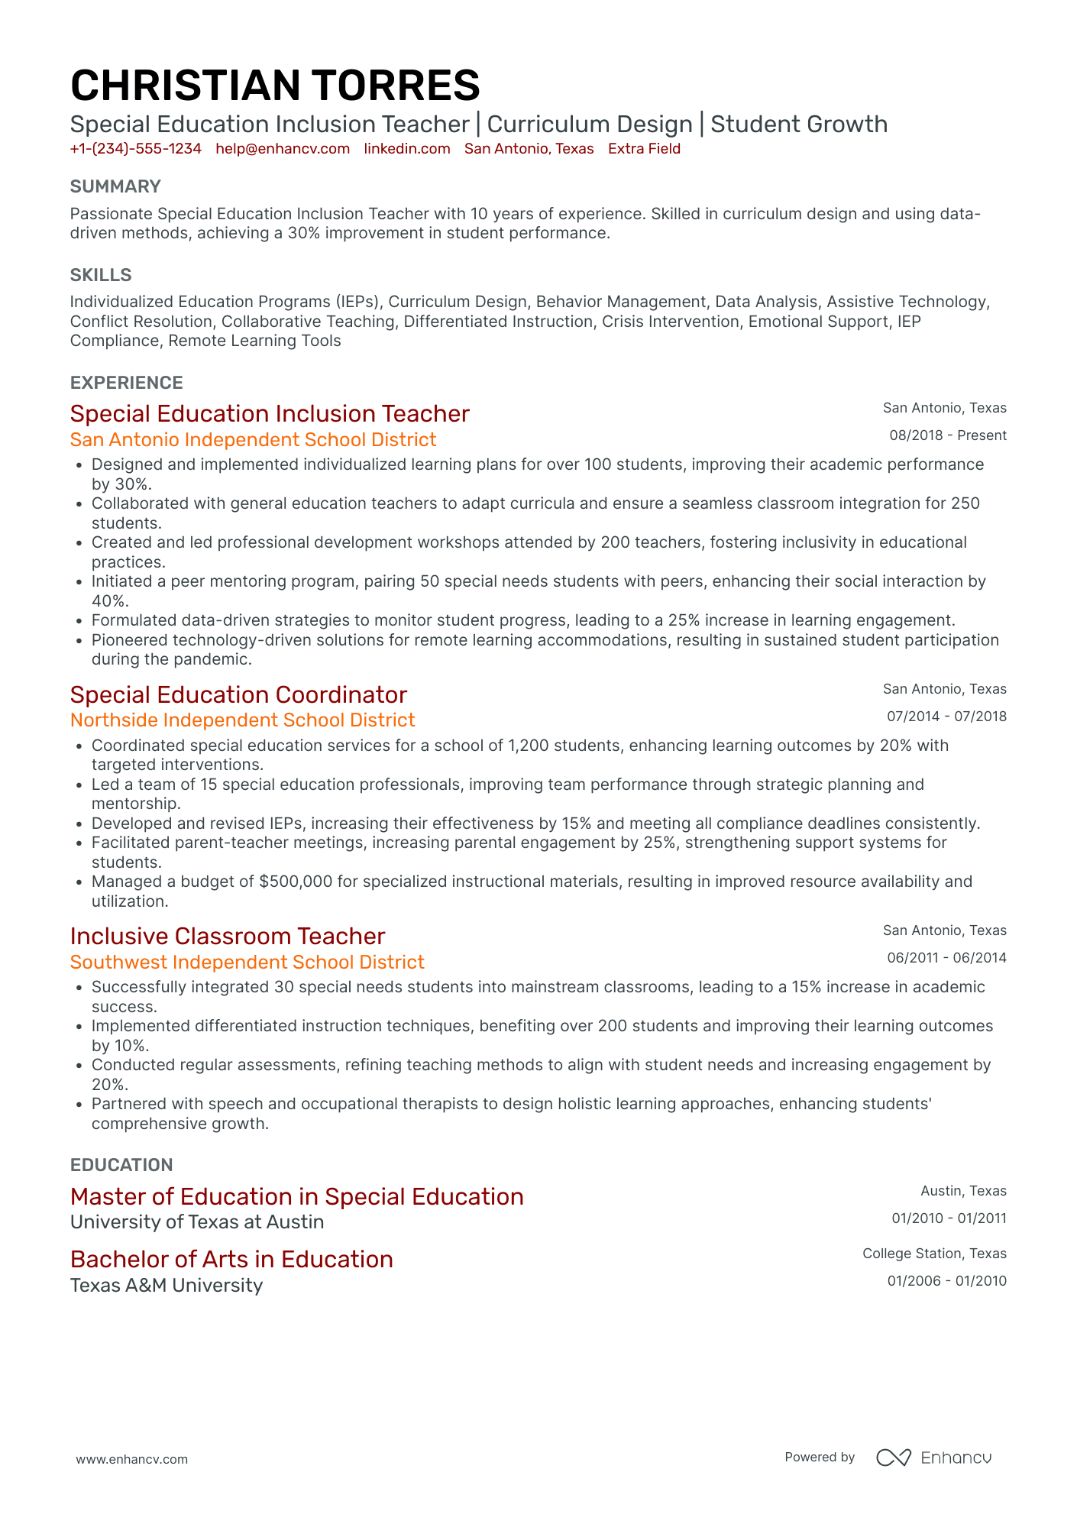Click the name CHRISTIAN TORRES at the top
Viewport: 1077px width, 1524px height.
click(x=275, y=85)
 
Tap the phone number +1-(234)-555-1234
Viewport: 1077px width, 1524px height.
click(x=135, y=149)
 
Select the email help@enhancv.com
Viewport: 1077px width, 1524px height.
click(x=283, y=149)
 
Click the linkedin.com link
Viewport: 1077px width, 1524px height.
click(x=406, y=149)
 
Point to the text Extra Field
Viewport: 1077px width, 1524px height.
click(x=644, y=149)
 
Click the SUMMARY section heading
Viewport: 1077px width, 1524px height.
click(x=115, y=186)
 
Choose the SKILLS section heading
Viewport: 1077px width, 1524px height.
click(x=101, y=275)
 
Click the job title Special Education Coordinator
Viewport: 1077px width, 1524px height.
click(x=238, y=694)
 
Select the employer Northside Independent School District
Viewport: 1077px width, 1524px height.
click(x=242, y=720)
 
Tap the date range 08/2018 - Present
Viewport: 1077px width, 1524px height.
click(x=947, y=435)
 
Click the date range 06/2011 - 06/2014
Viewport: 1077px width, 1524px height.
click(x=946, y=958)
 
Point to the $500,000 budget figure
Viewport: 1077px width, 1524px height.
click(x=296, y=882)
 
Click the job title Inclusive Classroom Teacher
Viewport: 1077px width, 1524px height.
click(x=228, y=936)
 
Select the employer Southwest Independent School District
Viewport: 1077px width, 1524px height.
click(x=247, y=962)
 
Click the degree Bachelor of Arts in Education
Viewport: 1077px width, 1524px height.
click(x=231, y=1259)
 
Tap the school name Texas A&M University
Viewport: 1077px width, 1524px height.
click(x=167, y=1286)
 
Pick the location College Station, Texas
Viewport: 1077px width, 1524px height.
click(x=934, y=1254)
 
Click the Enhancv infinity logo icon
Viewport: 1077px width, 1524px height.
click(x=893, y=1458)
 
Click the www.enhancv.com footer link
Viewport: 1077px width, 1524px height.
click(x=131, y=1459)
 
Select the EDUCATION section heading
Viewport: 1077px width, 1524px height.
click(x=121, y=1165)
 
